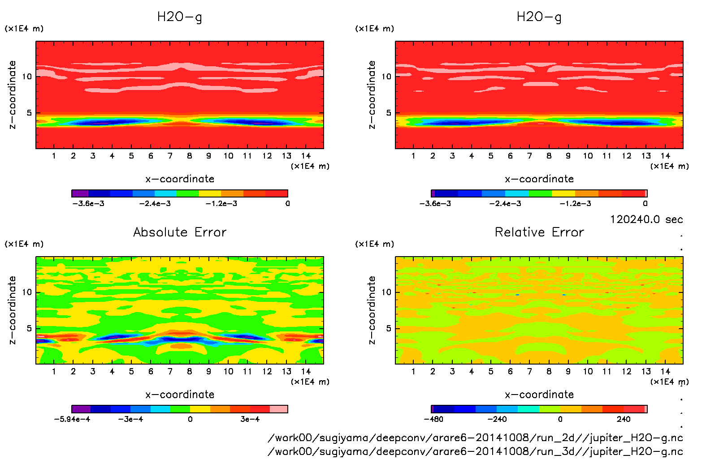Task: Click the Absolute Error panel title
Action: [180, 232]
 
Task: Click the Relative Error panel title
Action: [539, 232]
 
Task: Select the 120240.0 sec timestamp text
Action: [646, 219]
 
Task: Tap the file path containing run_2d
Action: [475, 438]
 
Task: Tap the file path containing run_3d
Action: [475, 451]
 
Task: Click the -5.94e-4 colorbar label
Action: [72, 419]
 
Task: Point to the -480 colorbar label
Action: [433, 419]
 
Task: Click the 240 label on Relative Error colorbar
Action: [623, 419]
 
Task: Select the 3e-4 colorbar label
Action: [250, 419]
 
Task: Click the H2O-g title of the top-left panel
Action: [180, 17]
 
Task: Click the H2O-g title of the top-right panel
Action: [539, 17]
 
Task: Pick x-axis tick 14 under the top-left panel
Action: [306, 156]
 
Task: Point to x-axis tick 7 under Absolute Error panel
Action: [170, 371]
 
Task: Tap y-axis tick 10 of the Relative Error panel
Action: [386, 292]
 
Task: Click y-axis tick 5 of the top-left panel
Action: [30, 113]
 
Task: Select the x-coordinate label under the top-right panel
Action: [539, 179]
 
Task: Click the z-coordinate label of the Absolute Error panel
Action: [13, 310]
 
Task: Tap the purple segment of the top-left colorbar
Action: [80, 193]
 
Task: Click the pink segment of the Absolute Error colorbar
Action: [279, 409]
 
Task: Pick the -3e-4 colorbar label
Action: [130, 419]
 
